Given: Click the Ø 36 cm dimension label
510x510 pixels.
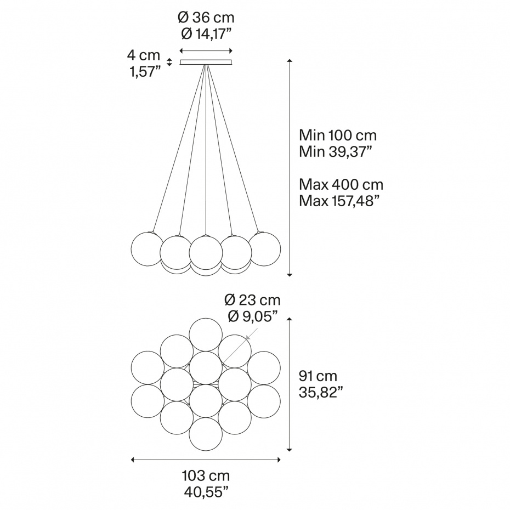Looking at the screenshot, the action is (206, 18).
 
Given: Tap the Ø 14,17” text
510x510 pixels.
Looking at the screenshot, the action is (206, 34).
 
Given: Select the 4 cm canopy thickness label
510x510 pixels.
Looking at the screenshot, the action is (144, 55).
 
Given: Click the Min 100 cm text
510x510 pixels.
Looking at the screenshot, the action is (338, 135).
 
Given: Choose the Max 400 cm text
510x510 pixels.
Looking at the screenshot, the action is (341, 185).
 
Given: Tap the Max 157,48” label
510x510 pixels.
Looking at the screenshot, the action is (339, 201).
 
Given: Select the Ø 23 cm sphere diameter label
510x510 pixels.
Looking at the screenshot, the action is (252, 300).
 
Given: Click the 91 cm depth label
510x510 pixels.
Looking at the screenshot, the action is (318, 376).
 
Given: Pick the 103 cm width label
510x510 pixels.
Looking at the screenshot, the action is (206, 476).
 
